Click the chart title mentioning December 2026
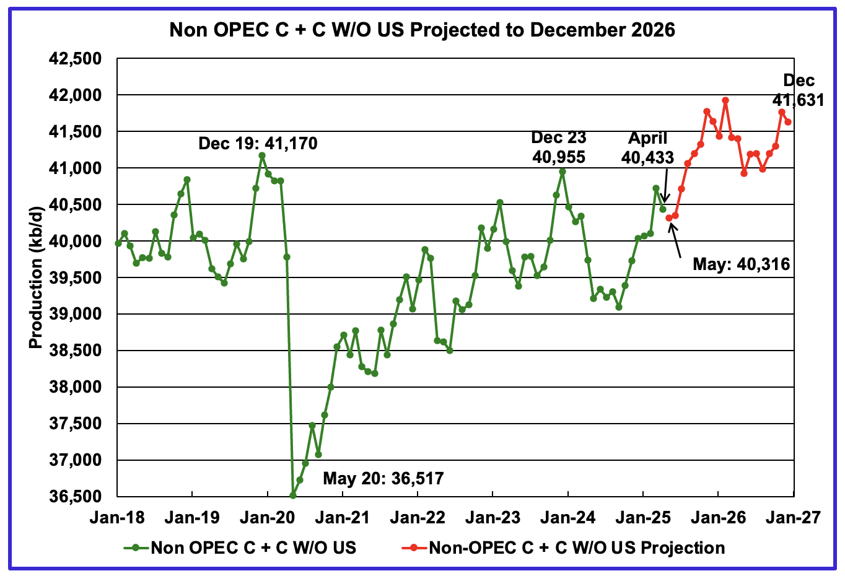coord(422,29)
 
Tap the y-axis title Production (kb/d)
coord(36,277)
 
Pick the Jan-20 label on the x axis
coord(268,517)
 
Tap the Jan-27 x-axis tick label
coord(794,517)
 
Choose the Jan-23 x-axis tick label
coord(493,517)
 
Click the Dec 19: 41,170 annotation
coord(258,144)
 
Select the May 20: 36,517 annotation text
coord(383,478)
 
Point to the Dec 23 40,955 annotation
coord(559,147)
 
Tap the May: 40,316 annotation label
coord(741,264)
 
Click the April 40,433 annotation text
coord(647,148)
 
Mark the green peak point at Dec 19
coord(261,155)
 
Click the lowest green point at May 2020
coord(293,495)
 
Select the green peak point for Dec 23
coord(562,172)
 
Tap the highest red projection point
coord(725,100)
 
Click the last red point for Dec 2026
coord(788,122)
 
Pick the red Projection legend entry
coord(564,548)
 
